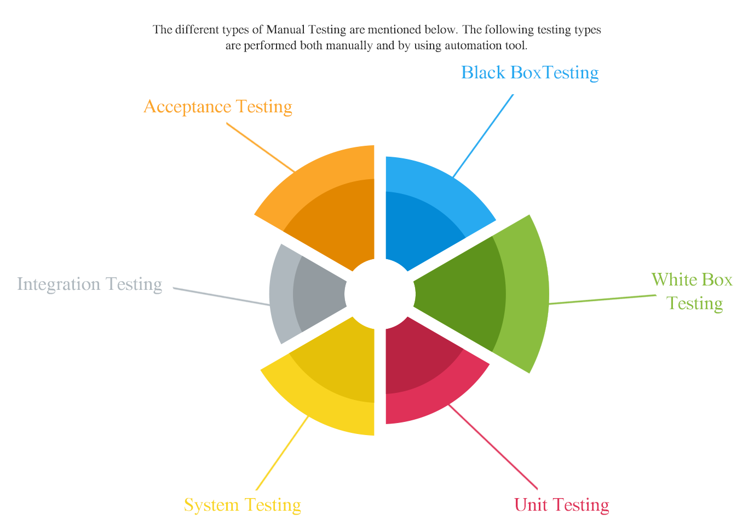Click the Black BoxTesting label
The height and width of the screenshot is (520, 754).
click(x=529, y=73)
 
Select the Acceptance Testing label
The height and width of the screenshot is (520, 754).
click(x=218, y=107)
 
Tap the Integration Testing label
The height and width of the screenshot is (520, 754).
click(x=90, y=284)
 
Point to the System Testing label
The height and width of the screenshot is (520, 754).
click(x=243, y=505)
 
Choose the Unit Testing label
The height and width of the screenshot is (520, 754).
click(x=561, y=505)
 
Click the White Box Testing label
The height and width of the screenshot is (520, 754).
click(x=692, y=292)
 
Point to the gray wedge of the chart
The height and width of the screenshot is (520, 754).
click(x=303, y=294)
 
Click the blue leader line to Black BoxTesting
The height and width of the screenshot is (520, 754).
click(x=483, y=136)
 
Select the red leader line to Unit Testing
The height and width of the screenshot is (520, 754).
click(x=493, y=447)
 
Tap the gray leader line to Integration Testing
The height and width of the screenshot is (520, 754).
click(x=221, y=296)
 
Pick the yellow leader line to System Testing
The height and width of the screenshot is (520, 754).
click(x=282, y=453)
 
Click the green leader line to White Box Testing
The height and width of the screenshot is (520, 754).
click(x=602, y=300)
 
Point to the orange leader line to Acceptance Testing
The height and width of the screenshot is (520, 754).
click(x=261, y=147)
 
